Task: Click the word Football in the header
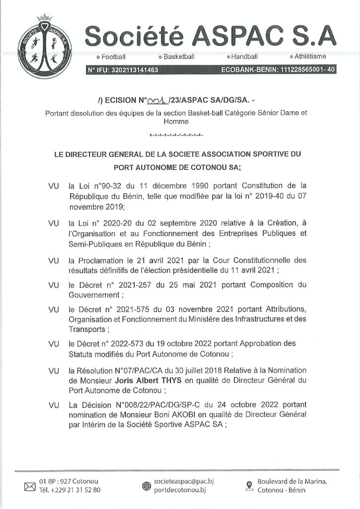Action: (114, 57)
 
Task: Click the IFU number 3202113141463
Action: (130, 70)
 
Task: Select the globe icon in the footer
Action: (146, 486)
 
